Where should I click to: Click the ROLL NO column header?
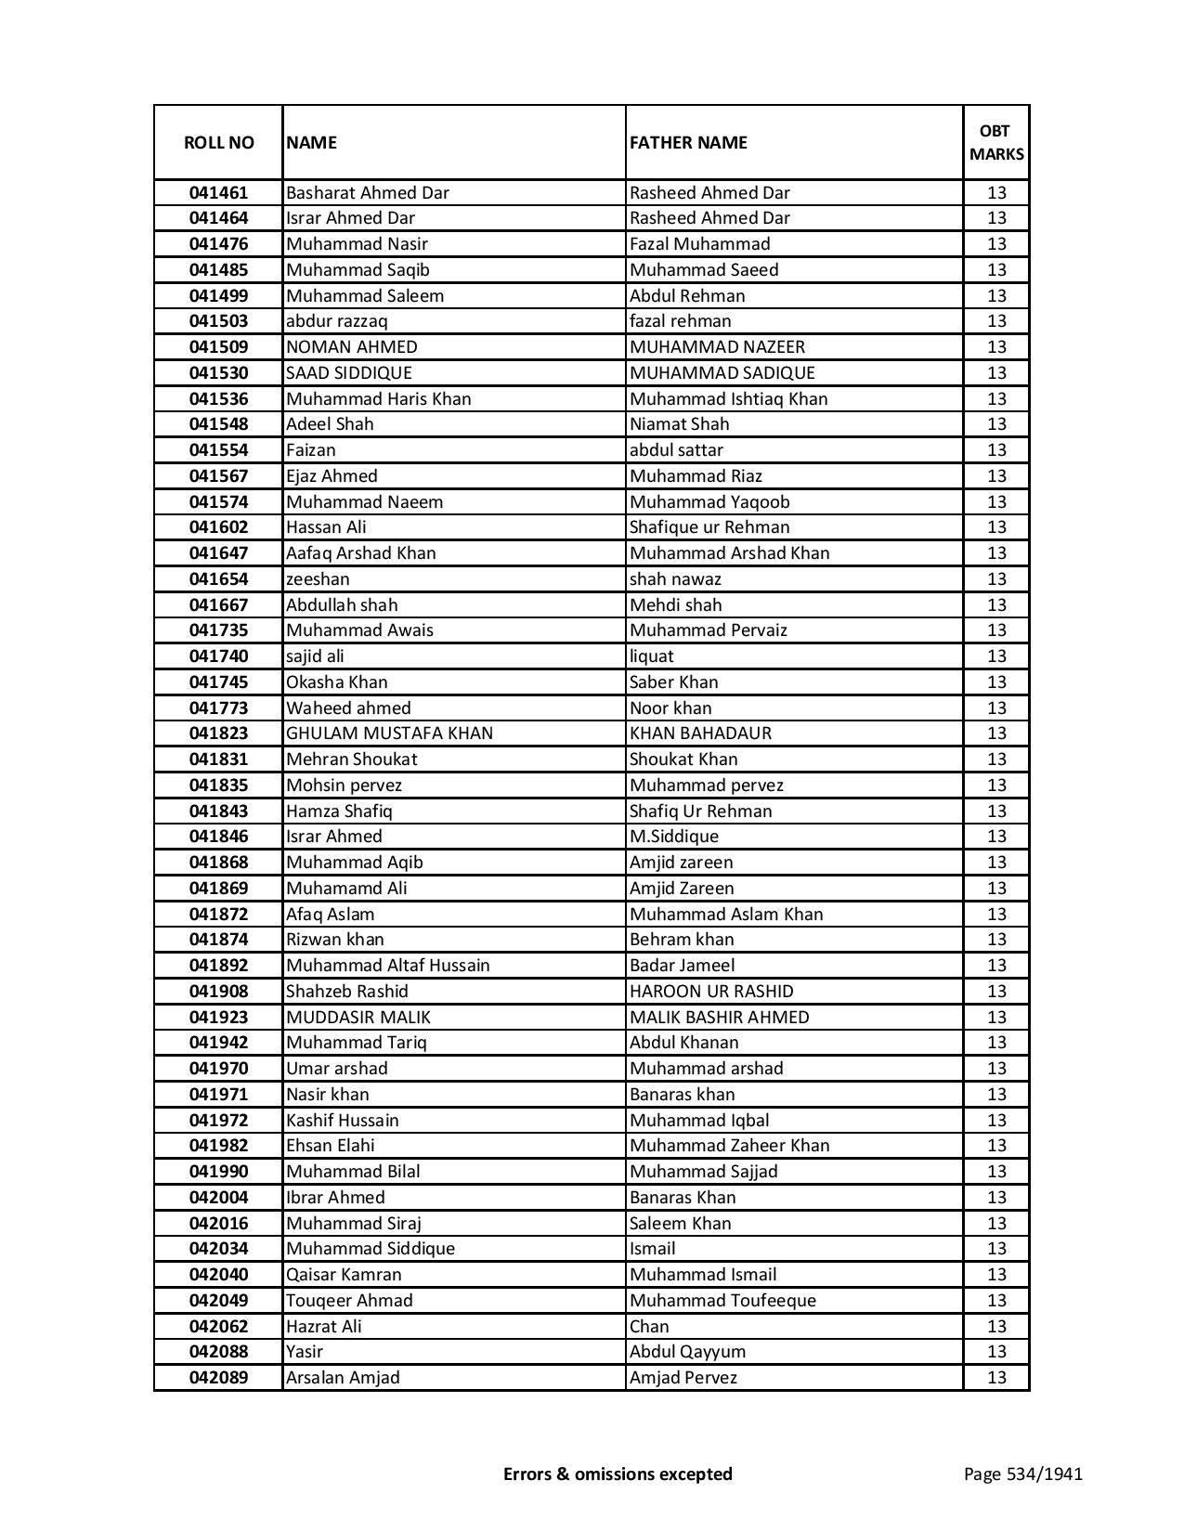coord(218,142)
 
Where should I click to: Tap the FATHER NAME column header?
coord(688,142)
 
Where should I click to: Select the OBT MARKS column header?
coord(996,142)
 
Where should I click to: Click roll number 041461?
coord(218,193)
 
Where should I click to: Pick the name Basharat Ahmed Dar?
coord(368,193)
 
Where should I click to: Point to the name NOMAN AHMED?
coord(352,347)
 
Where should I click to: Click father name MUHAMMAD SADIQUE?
coord(722,373)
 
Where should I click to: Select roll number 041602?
coord(218,527)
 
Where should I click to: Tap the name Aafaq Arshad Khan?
coord(361,553)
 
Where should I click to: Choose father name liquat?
coord(652,656)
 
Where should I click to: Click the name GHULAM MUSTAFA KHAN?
coord(390,734)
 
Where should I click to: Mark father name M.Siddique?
coord(674,837)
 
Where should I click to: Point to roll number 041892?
coord(218,966)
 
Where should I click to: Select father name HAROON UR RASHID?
coord(711,992)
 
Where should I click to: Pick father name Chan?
coord(649,1327)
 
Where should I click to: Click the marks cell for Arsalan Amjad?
coord(996,1378)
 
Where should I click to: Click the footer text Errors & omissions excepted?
coord(618,1474)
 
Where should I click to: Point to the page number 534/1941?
coord(1023,1474)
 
